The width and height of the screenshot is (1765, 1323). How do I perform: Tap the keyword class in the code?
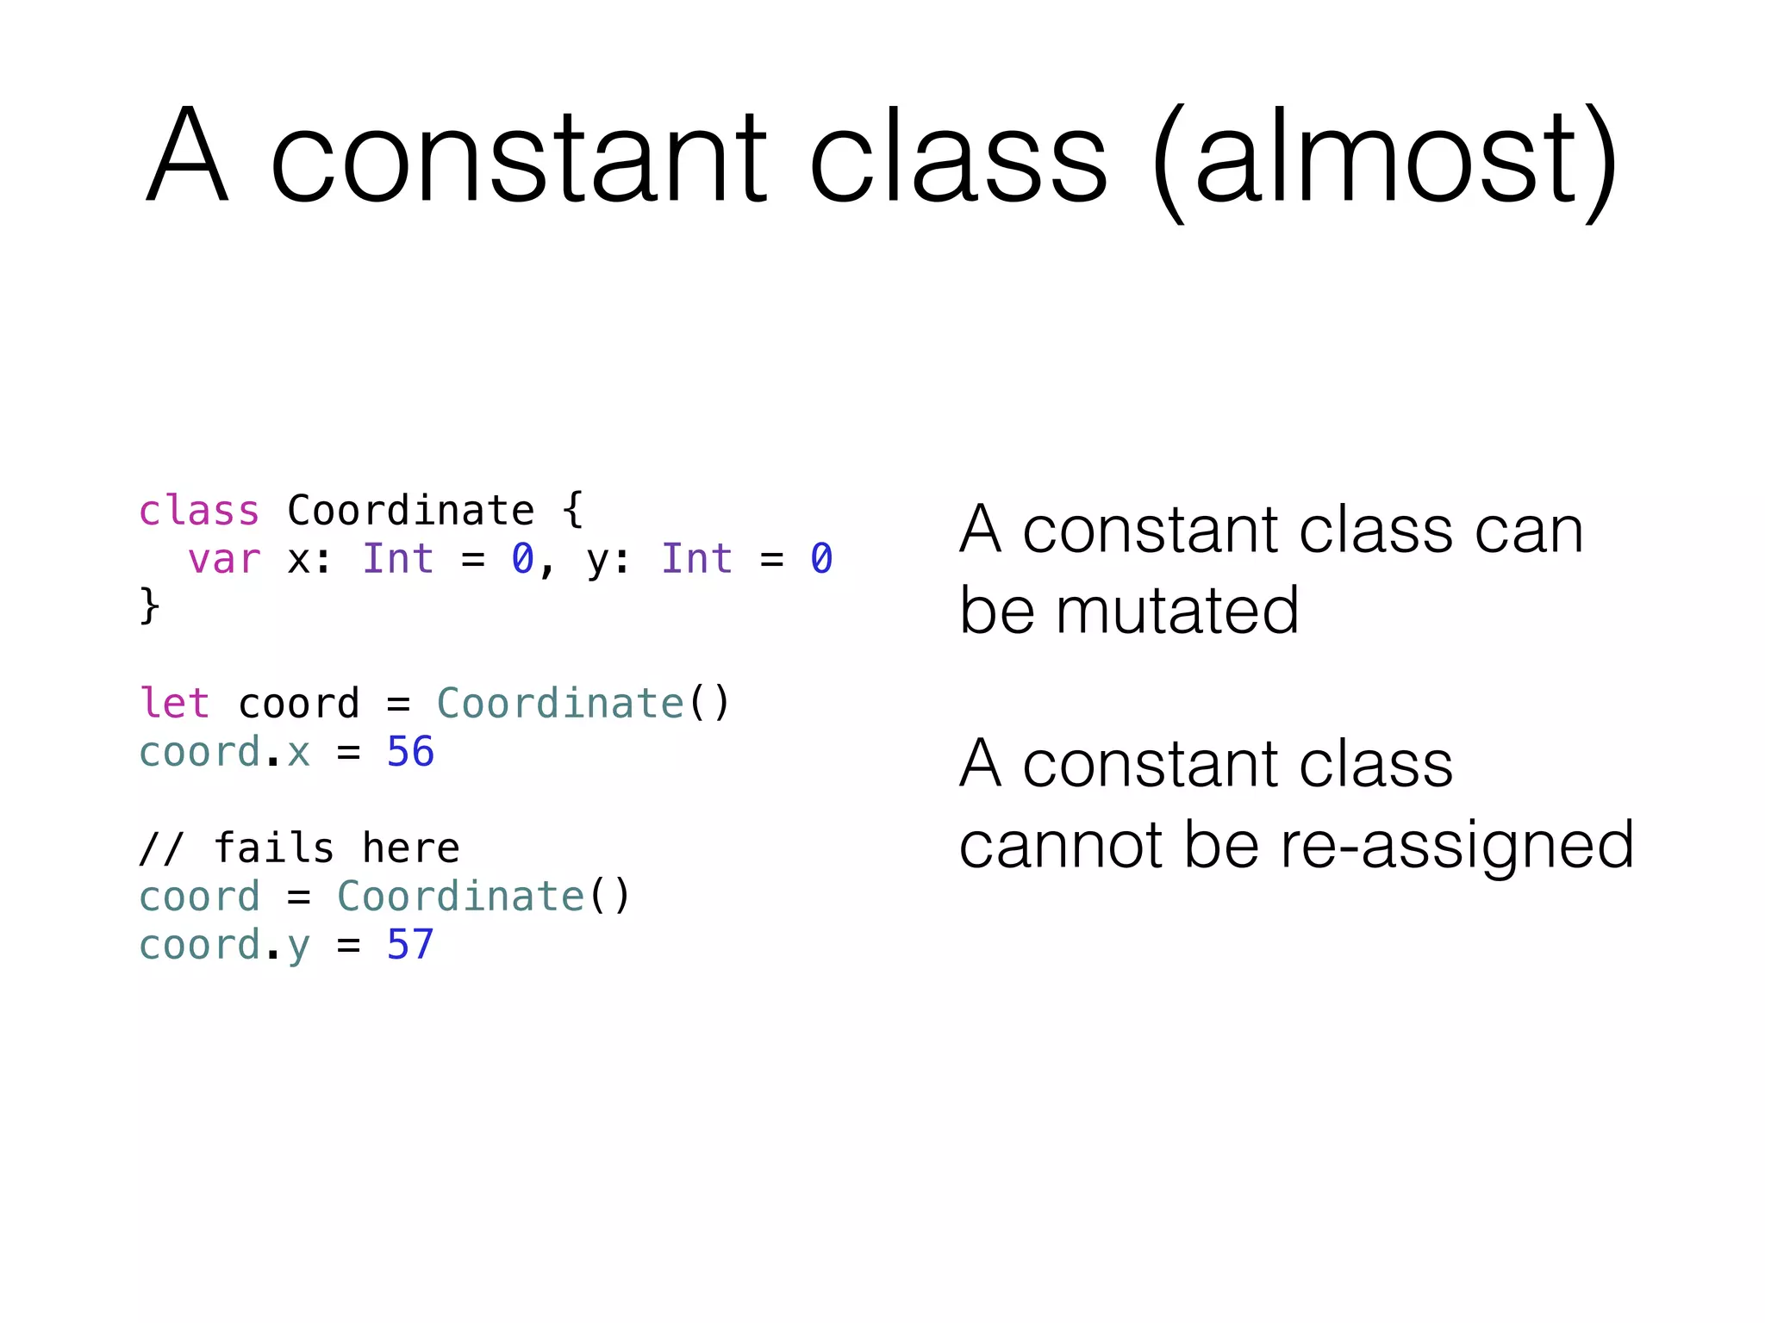[199, 511]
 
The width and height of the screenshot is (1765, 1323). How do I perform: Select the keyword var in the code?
[224, 559]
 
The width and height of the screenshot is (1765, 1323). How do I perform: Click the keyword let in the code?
[175, 703]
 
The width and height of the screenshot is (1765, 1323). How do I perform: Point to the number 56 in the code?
[410, 751]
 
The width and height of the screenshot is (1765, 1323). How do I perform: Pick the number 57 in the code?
[410, 944]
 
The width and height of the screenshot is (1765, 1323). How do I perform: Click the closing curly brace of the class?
[149, 606]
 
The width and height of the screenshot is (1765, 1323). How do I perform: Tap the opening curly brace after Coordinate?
[573, 510]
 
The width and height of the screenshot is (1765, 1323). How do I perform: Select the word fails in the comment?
[273, 848]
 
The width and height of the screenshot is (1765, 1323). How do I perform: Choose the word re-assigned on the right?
[1456, 845]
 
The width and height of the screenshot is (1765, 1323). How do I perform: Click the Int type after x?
[398, 559]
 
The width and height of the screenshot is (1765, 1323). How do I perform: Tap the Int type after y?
[696, 559]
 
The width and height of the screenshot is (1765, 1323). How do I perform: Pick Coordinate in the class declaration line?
[410, 511]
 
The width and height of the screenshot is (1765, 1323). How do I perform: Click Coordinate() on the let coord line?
[583, 703]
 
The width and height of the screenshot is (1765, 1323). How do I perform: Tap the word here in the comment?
[410, 848]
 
